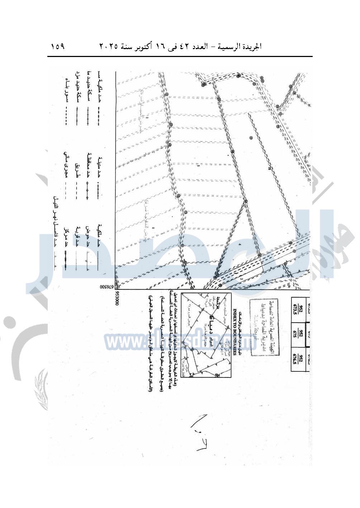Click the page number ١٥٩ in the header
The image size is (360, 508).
[x=58, y=47]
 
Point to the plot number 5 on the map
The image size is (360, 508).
[x=198, y=166]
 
